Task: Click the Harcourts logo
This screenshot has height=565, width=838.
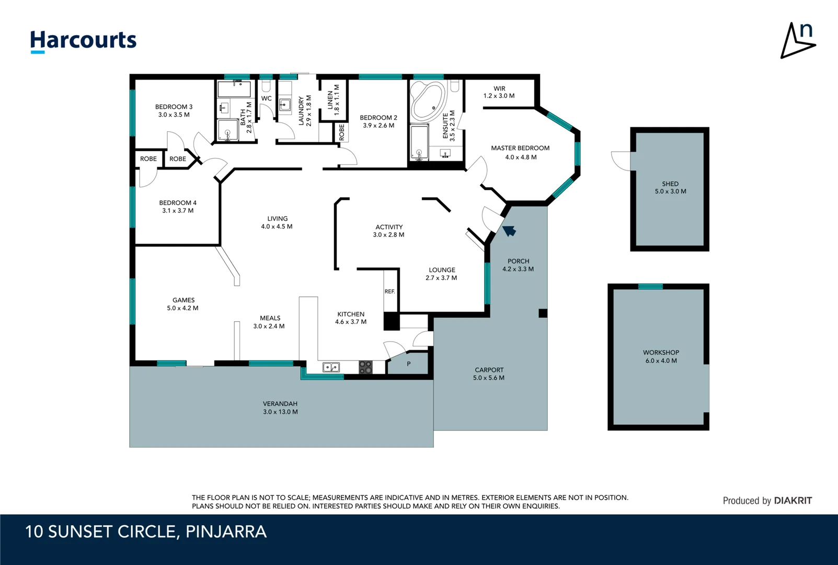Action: coord(84,42)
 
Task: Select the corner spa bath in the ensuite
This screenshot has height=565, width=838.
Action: coord(428,100)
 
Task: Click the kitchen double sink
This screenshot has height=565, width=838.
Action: coord(331,367)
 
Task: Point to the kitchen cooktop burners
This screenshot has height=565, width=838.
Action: coord(365,367)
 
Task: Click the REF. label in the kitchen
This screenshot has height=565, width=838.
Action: coord(389,291)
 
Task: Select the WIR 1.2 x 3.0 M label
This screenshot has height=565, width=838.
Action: coord(499,92)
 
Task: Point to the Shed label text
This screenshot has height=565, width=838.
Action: coord(670,184)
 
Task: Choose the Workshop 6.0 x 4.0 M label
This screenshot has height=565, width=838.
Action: coord(661,356)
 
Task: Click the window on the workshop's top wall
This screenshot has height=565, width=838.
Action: coord(650,287)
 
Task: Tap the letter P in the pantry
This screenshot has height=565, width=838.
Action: coord(408,364)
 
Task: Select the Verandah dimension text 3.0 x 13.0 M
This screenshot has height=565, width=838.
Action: coord(280,412)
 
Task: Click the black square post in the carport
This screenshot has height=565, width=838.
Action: coord(543,313)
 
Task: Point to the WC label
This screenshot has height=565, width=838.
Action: coord(267,98)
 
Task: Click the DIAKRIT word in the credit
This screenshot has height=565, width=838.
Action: coord(793,501)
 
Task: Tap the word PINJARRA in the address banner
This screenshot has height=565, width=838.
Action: coord(226,532)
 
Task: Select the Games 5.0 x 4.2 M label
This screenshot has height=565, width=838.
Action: coord(183,304)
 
